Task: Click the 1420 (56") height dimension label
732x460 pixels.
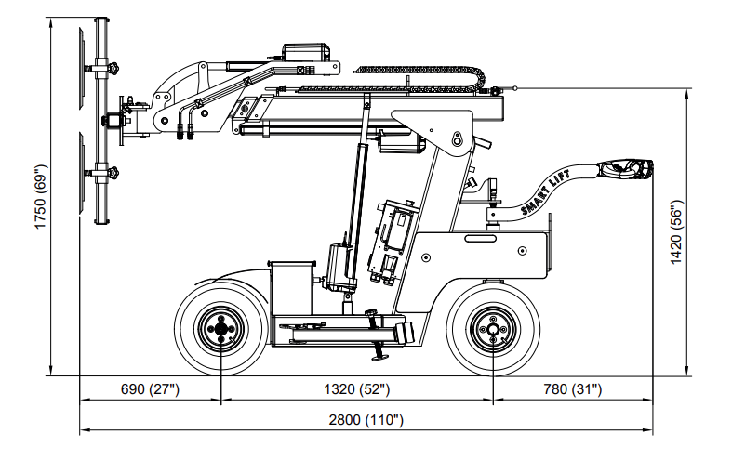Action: (x=676, y=231)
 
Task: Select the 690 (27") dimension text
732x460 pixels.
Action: (x=149, y=389)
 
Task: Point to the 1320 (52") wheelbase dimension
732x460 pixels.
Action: (x=358, y=389)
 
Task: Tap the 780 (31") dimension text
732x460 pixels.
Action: (x=572, y=389)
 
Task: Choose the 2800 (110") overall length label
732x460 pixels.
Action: (x=366, y=420)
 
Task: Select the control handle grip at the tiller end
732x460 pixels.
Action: (x=629, y=169)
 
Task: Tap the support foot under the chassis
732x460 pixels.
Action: (x=379, y=356)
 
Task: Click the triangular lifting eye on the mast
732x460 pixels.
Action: (x=458, y=138)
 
